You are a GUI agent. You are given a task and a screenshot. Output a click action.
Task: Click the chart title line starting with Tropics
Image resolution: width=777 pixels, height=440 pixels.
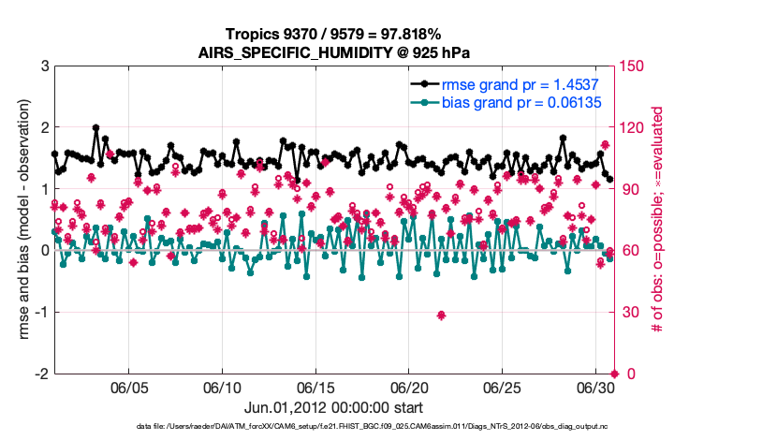pyautogui.click(x=334, y=34)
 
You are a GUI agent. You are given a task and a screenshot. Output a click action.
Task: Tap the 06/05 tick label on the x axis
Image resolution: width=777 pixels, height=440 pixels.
pyautogui.click(x=130, y=387)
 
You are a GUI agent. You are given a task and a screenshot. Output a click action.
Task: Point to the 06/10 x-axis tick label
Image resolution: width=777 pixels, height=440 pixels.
pyautogui.click(x=223, y=387)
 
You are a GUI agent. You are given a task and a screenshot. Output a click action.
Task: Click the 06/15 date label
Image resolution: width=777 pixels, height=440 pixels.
pyautogui.click(x=315, y=387)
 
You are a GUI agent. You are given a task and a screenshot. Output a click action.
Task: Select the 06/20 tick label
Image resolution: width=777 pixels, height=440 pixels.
pyautogui.click(x=409, y=387)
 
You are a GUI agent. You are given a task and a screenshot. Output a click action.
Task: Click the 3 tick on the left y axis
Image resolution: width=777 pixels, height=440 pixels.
pyautogui.click(x=44, y=66)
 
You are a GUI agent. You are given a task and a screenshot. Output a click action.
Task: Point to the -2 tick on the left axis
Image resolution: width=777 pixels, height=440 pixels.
pyautogui.click(x=41, y=374)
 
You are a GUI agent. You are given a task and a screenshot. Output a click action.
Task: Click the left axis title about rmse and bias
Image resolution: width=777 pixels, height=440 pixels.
pyautogui.click(x=16, y=220)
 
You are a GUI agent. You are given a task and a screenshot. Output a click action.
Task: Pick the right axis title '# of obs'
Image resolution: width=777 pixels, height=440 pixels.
pyautogui.click(x=658, y=220)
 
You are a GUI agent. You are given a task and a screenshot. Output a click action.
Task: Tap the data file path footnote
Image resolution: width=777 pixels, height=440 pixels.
pyautogui.click(x=334, y=426)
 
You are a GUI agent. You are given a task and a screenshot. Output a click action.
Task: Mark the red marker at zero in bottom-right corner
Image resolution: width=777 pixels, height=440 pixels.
pyautogui.click(x=614, y=374)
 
